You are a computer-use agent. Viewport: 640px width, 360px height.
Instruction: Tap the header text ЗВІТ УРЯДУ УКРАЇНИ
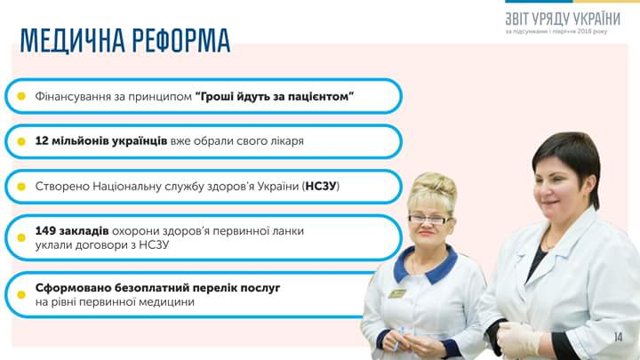point(563,20)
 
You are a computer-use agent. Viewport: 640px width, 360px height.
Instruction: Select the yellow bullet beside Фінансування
point(21,96)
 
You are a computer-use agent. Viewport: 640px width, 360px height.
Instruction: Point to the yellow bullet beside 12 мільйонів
point(21,141)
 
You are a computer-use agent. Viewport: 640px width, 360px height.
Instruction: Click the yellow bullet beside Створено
point(21,187)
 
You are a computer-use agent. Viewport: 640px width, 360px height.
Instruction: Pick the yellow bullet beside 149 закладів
point(21,237)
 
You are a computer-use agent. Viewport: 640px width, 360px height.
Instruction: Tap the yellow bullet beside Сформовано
point(21,295)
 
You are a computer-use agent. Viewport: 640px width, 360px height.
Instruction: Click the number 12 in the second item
point(42,140)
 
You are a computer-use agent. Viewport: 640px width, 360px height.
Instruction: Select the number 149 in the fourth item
point(45,230)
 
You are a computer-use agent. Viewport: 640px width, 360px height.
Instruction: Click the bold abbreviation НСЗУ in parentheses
point(320,186)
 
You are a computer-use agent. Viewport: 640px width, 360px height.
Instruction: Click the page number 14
point(619,337)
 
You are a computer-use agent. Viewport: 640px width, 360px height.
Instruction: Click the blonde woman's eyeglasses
point(429,220)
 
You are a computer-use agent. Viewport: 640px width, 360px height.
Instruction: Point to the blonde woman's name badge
point(396,293)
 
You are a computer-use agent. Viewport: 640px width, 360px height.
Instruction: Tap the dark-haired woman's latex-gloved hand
point(518,339)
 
